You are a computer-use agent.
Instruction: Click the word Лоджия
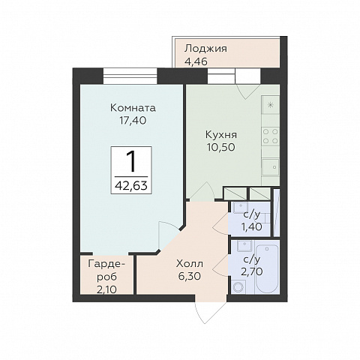pos(205,49)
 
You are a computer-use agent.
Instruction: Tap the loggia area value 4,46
pos(196,61)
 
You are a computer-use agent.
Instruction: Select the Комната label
pos(133,108)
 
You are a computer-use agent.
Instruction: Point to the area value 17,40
pos(133,121)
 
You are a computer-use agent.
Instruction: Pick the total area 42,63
pos(131,186)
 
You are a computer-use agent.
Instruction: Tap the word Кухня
pos(221,135)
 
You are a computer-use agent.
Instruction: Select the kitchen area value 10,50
pos(221,147)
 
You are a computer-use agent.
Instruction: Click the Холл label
pos(190,263)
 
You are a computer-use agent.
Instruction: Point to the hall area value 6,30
pos(190,276)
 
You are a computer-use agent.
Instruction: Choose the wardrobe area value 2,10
pos(106,289)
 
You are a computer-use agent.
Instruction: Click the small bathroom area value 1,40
pos(251,226)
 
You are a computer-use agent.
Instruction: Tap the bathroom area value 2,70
pos(251,271)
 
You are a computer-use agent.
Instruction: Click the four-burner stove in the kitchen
pos(271,136)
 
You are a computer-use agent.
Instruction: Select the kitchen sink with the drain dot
pos(271,167)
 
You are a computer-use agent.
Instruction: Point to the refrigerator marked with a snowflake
pos(271,105)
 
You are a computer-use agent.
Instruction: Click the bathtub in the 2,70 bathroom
pos(267,269)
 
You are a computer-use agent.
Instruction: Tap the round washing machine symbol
pos(238,286)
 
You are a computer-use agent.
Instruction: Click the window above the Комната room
pos(130,76)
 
